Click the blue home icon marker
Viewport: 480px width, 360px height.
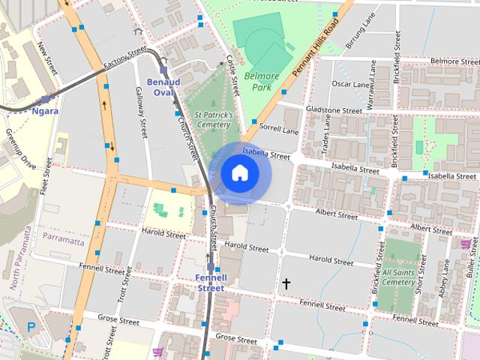point(239,173)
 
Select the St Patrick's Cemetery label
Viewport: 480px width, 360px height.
point(214,120)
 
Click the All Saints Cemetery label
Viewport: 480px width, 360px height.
point(398,277)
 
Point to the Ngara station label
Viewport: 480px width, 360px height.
point(45,111)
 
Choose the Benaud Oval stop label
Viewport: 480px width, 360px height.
point(163,87)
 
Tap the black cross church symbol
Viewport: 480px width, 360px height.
point(285,283)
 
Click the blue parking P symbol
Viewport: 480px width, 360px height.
point(31,327)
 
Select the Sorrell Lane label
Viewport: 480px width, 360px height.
point(279,129)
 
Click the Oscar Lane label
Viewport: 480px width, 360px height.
point(351,84)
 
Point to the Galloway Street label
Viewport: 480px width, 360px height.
point(140,111)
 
